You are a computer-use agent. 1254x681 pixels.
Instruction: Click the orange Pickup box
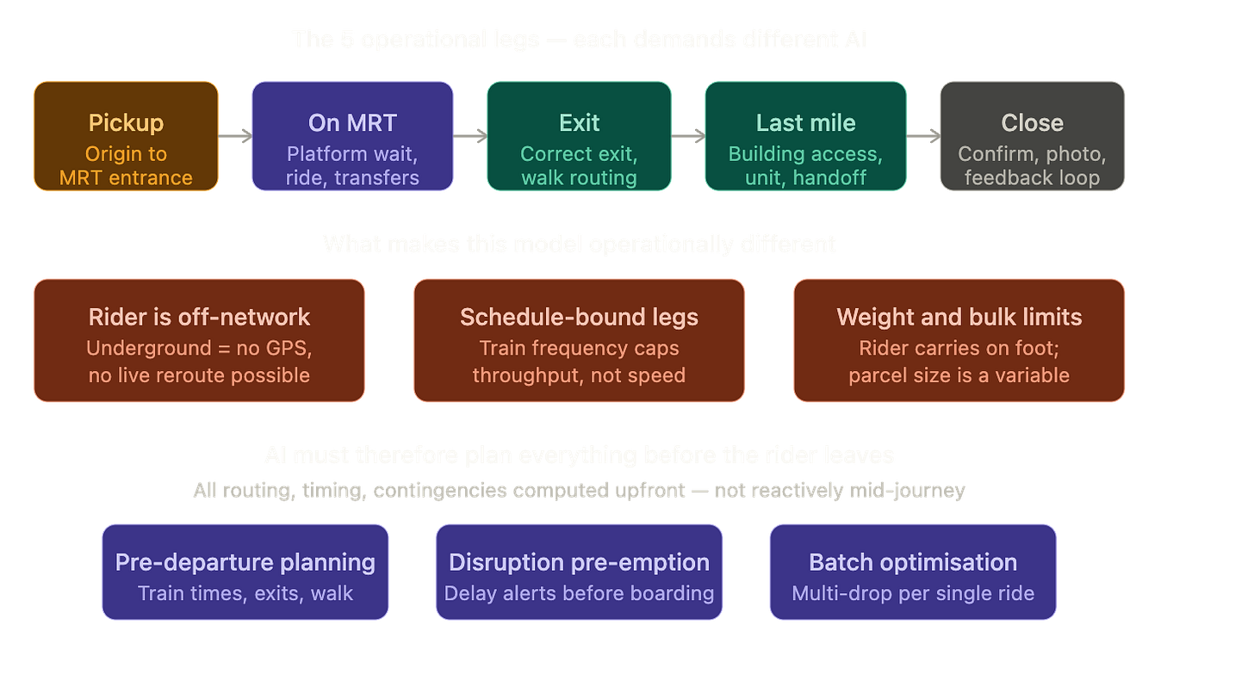[126, 136]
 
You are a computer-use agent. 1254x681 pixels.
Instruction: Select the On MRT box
[352, 136]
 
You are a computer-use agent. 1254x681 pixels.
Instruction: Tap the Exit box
[579, 136]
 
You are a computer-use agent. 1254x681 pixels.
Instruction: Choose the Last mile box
[805, 136]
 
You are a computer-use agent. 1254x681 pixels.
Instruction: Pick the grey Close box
[1032, 136]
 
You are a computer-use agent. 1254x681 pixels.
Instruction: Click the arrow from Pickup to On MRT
[235, 135]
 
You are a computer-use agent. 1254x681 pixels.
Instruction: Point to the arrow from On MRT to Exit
[470, 135]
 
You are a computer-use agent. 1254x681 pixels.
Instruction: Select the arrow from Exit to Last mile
[689, 135]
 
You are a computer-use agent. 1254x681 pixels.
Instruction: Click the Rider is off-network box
[199, 340]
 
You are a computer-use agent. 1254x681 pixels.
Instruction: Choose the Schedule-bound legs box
[579, 340]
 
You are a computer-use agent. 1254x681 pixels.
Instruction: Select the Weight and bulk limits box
[959, 340]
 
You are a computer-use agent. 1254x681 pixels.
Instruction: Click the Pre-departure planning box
[245, 572]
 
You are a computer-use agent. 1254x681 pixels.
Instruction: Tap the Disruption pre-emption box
[579, 572]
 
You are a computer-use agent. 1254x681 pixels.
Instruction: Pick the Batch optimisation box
[913, 572]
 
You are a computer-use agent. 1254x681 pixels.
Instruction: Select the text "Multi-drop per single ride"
[913, 593]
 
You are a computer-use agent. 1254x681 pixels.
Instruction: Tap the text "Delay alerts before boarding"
[579, 593]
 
